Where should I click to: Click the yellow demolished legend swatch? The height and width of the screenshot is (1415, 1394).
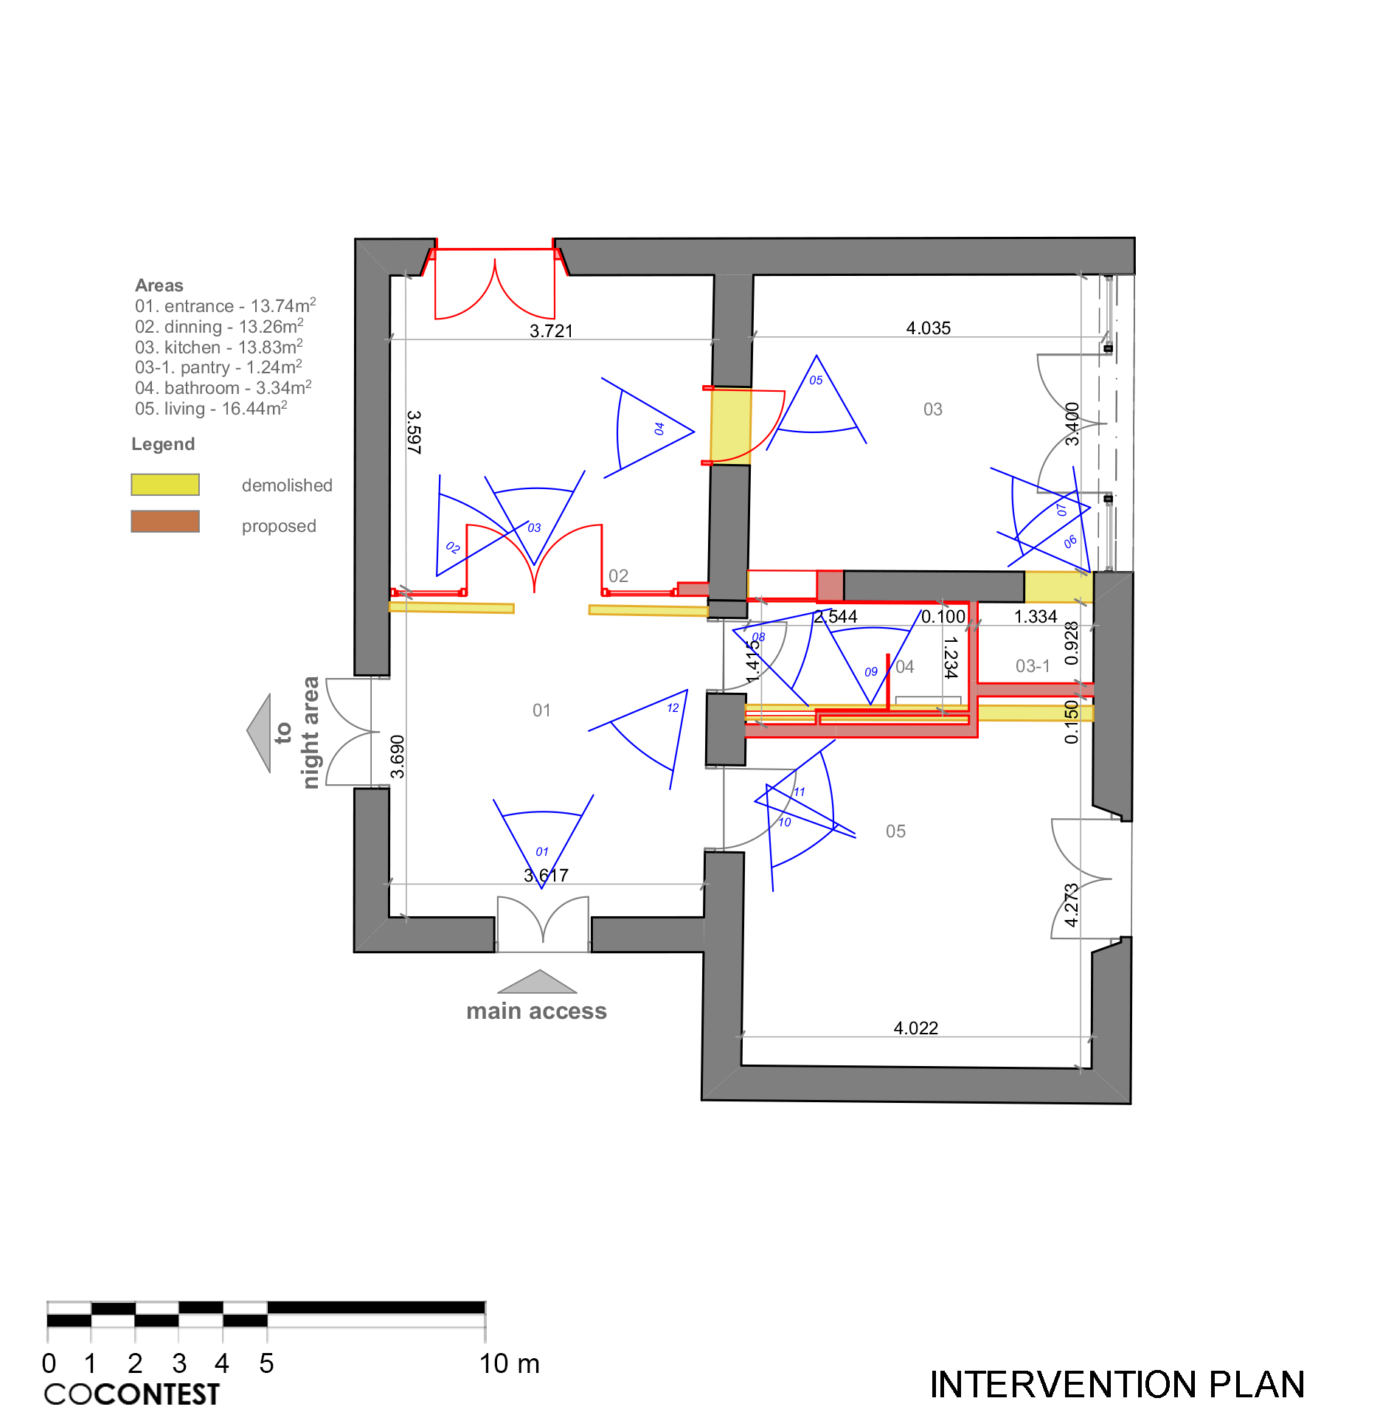(165, 485)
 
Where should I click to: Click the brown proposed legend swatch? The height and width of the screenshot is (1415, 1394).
(165, 522)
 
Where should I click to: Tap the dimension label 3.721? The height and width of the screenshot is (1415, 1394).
(551, 331)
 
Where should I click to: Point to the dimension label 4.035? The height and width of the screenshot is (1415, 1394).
(929, 328)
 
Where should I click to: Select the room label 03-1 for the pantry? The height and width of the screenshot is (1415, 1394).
(1033, 666)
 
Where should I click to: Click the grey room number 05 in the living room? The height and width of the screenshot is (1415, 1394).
(895, 831)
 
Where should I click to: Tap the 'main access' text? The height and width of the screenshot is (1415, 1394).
(536, 1011)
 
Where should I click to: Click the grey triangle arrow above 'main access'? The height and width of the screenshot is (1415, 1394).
(538, 982)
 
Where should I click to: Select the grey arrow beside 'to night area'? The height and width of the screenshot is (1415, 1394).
(259, 733)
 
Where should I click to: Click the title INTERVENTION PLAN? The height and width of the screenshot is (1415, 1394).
(1117, 1384)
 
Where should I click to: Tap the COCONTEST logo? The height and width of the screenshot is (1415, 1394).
(132, 1394)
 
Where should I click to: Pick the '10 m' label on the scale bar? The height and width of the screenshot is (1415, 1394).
(510, 1363)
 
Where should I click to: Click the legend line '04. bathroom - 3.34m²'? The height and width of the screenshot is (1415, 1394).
(223, 387)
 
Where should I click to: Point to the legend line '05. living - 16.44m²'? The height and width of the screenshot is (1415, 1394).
(211, 408)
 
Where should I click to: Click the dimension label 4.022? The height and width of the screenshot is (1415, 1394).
(915, 1028)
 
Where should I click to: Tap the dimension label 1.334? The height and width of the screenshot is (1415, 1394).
(1036, 616)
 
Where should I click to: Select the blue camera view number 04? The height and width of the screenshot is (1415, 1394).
(659, 429)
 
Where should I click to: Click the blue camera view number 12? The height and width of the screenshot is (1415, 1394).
(673, 708)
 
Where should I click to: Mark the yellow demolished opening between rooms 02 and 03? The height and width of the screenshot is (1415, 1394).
(730, 426)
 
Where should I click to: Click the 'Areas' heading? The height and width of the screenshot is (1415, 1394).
(159, 286)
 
